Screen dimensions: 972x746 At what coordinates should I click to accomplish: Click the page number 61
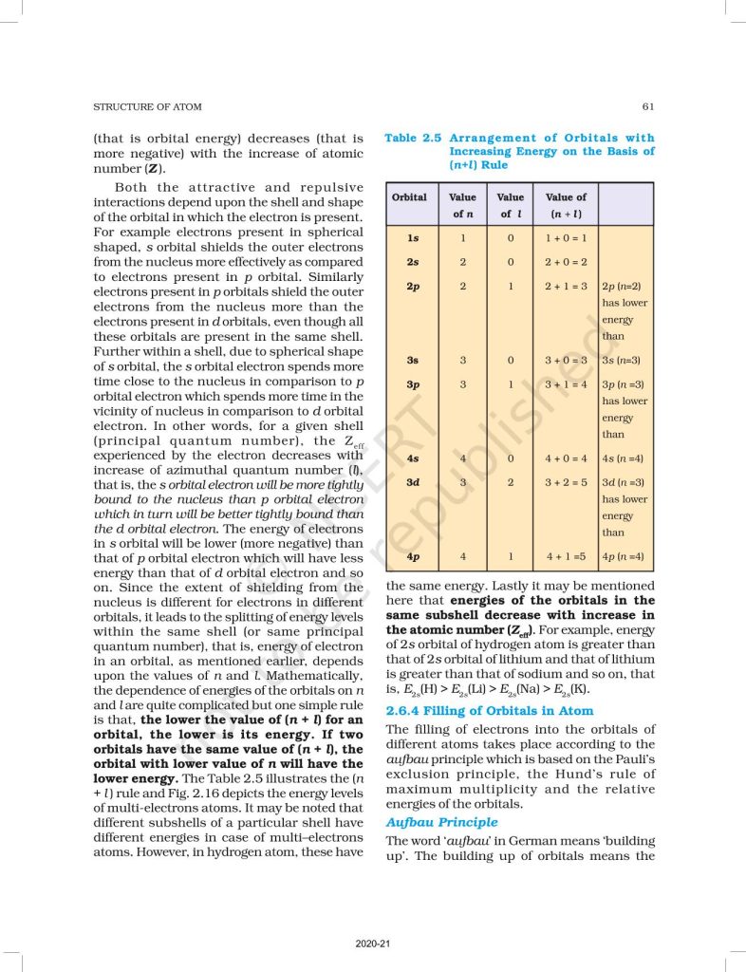[647, 106]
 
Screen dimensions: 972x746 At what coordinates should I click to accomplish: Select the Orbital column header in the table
[410, 197]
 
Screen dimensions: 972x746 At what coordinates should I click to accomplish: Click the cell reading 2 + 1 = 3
[566, 286]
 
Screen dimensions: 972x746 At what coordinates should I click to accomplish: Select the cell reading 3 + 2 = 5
[566, 482]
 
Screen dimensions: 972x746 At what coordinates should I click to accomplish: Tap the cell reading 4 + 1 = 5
[566, 556]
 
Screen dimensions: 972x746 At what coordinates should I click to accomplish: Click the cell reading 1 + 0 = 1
[566, 238]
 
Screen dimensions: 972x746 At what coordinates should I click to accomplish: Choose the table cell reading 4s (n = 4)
[624, 458]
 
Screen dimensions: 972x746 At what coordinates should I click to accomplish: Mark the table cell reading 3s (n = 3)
[624, 361]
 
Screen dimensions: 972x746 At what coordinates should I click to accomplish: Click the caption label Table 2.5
[414, 139]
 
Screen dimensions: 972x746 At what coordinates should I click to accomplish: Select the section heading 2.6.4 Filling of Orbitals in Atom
[490, 710]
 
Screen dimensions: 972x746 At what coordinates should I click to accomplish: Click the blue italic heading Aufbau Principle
[441, 822]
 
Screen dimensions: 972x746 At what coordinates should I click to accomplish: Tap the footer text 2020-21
[372, 944]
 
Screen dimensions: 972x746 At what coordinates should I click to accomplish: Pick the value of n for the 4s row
[463, 458]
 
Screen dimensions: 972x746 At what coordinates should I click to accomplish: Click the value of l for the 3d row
[511, 482]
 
